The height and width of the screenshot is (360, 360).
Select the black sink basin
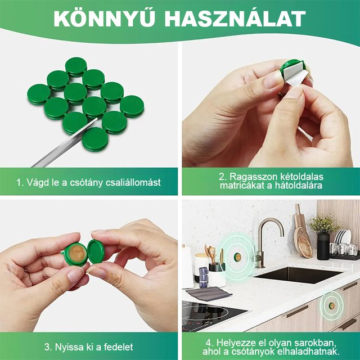pos(298,274)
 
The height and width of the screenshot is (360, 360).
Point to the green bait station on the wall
pos(237,258)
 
